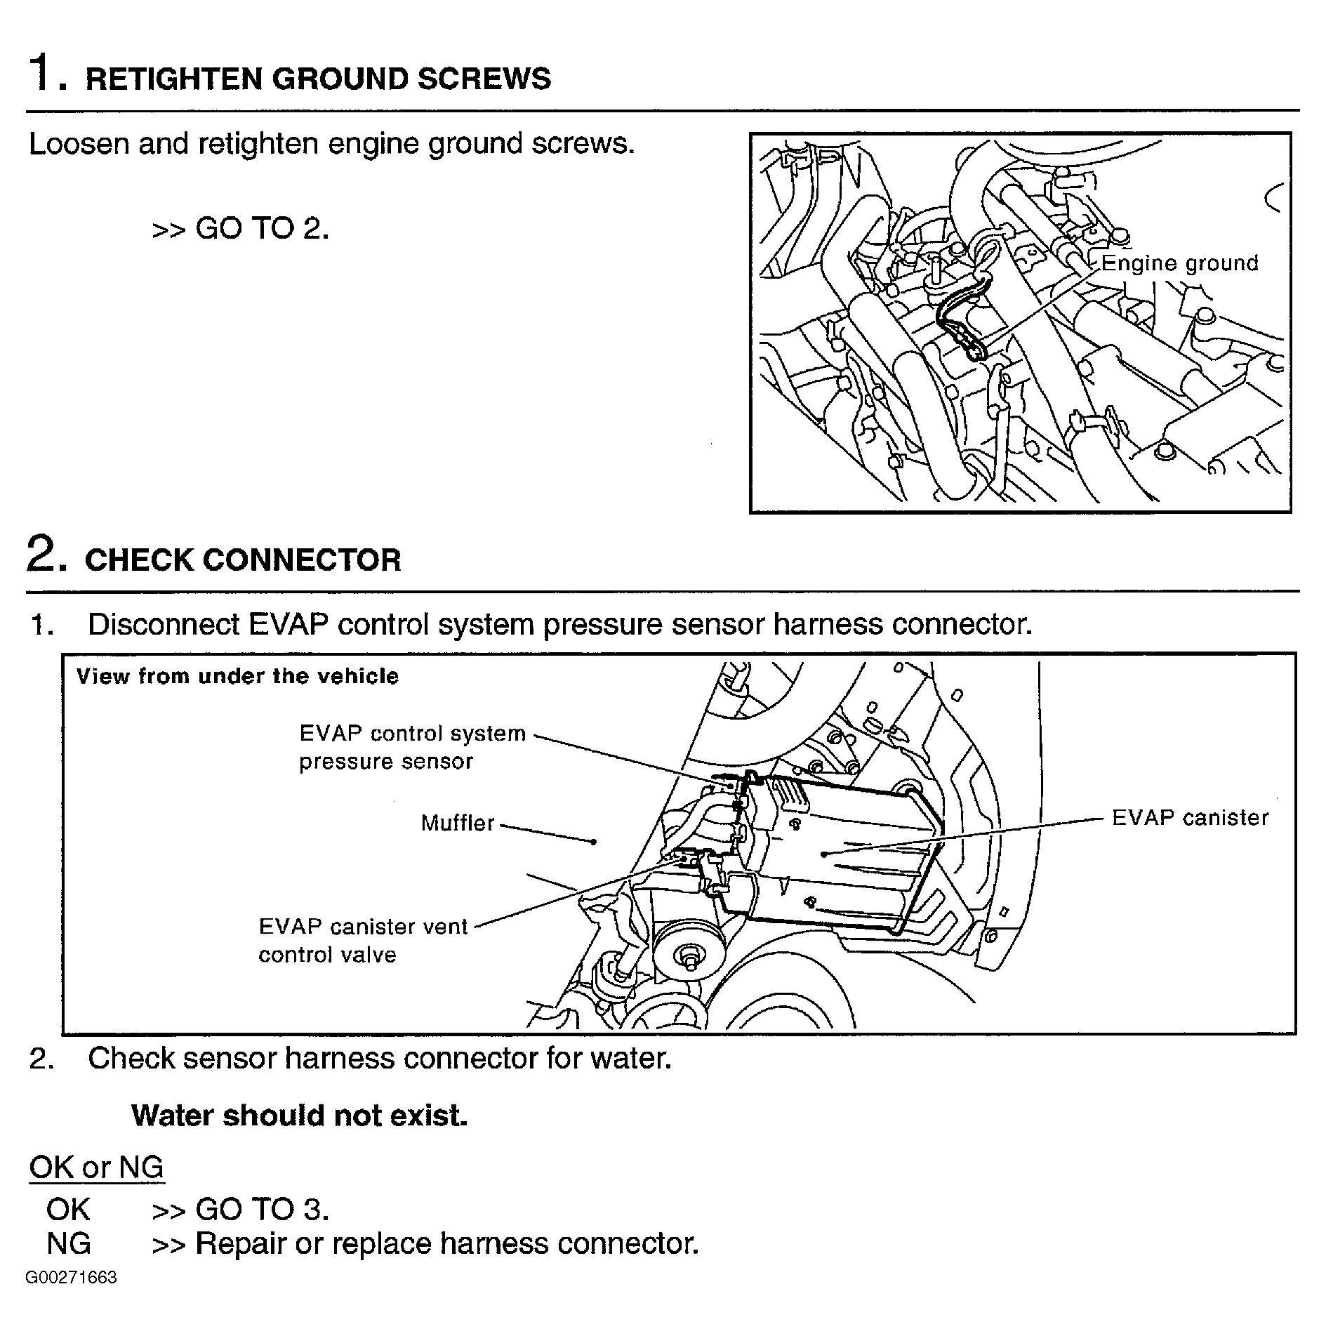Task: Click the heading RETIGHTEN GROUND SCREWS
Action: coord(317,79)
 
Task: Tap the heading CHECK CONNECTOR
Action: coord(242,560)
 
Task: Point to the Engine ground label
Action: coord(1179,263)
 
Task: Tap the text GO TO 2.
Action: coord(261,228)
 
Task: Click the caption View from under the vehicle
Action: coord(237,676)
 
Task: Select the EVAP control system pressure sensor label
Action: coord(412,747)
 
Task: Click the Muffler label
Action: coord(458,823)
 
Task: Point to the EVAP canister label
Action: coord(1190,818)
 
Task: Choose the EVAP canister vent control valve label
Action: coord(362,940)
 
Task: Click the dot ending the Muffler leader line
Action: coord(594,841)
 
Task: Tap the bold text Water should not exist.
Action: coord(299,1116)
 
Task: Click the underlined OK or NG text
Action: coord(96,1168)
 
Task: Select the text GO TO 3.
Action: coord(261,1209)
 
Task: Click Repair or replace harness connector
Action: coord(446,1243)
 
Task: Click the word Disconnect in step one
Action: coord(163,624)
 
